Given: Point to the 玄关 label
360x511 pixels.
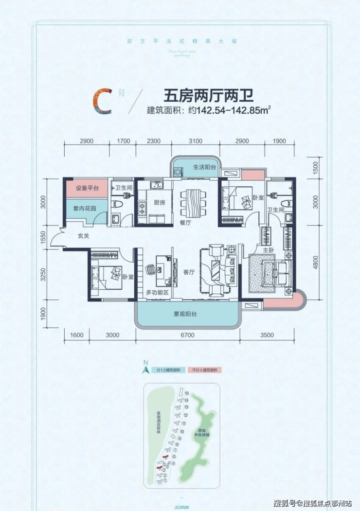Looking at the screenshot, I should [x=83, y=237].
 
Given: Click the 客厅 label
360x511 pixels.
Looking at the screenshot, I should [x=189, y=272].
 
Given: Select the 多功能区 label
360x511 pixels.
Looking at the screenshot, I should [x=157, y=293].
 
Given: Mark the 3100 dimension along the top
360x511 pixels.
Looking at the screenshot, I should [x=195, y=141].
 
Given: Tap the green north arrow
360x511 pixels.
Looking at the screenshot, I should [x=145, y=368].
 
